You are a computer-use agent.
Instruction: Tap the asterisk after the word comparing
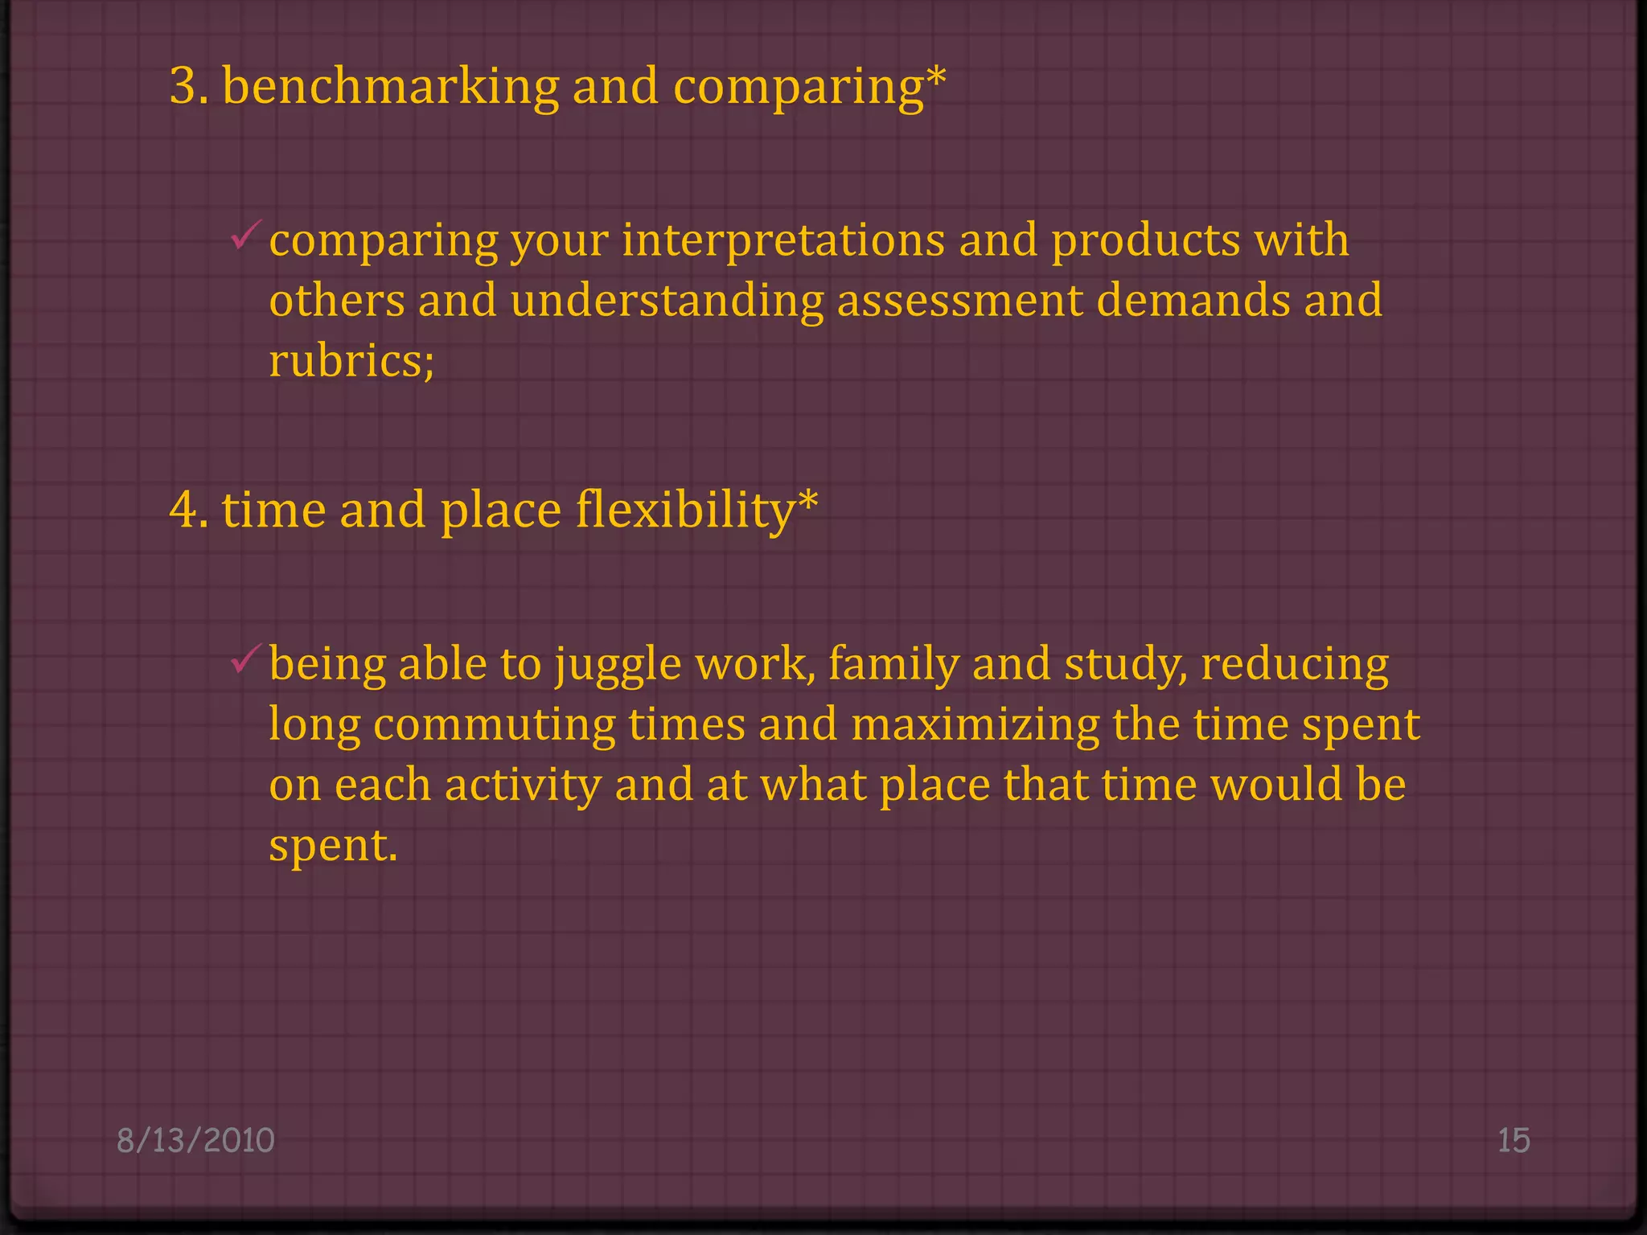935,78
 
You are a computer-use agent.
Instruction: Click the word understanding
667,301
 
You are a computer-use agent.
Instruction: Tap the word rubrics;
351,361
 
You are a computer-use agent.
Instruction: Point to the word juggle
618,666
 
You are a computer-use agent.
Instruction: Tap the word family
893,666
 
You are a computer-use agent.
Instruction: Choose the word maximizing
975,724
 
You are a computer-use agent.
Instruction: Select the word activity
523,785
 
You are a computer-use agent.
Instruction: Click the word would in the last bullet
1276,785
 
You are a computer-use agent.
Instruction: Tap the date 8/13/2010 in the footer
195,1140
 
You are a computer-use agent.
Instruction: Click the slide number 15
1513,1140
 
